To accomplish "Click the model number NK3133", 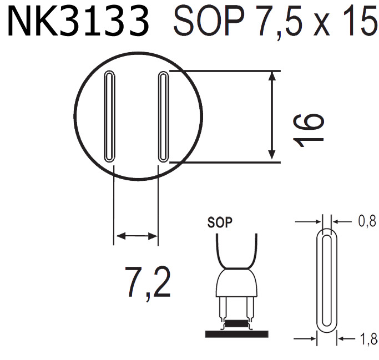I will (x=78, y=22).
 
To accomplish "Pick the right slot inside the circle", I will (x=163, y=116).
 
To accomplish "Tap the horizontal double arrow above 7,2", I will (x=136, y=236).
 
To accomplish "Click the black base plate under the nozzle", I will (x=236, y=333).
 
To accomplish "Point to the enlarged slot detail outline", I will (x=326, y=280).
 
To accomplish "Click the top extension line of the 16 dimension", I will (x=228, y=70).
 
